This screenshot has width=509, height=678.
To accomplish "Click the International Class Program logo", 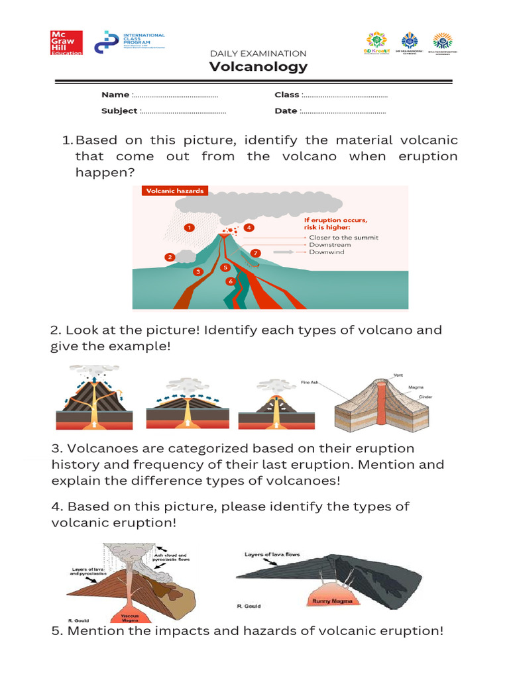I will tap(130, 42).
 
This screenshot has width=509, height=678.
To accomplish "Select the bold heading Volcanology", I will tap(258, 66).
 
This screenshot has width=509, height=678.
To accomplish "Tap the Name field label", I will tap(115, 95).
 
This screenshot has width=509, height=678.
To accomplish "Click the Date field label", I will tap(286, 111).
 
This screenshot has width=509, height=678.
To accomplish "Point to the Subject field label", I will tap(119, 111).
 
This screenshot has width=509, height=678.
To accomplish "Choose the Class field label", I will tap(287, 95).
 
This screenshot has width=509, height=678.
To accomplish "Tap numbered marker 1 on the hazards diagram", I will tap(189, 227).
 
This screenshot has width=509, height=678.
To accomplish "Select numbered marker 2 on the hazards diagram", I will tap(170, 257).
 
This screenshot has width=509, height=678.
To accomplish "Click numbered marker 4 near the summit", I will tap(249, 227).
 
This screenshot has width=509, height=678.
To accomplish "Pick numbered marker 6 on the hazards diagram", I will tap(230, 281).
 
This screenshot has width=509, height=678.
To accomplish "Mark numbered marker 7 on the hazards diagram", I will tap(256, 253).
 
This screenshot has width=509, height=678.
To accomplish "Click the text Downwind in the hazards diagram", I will tap(327, 252).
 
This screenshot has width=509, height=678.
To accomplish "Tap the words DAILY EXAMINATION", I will tap(258, 53).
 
